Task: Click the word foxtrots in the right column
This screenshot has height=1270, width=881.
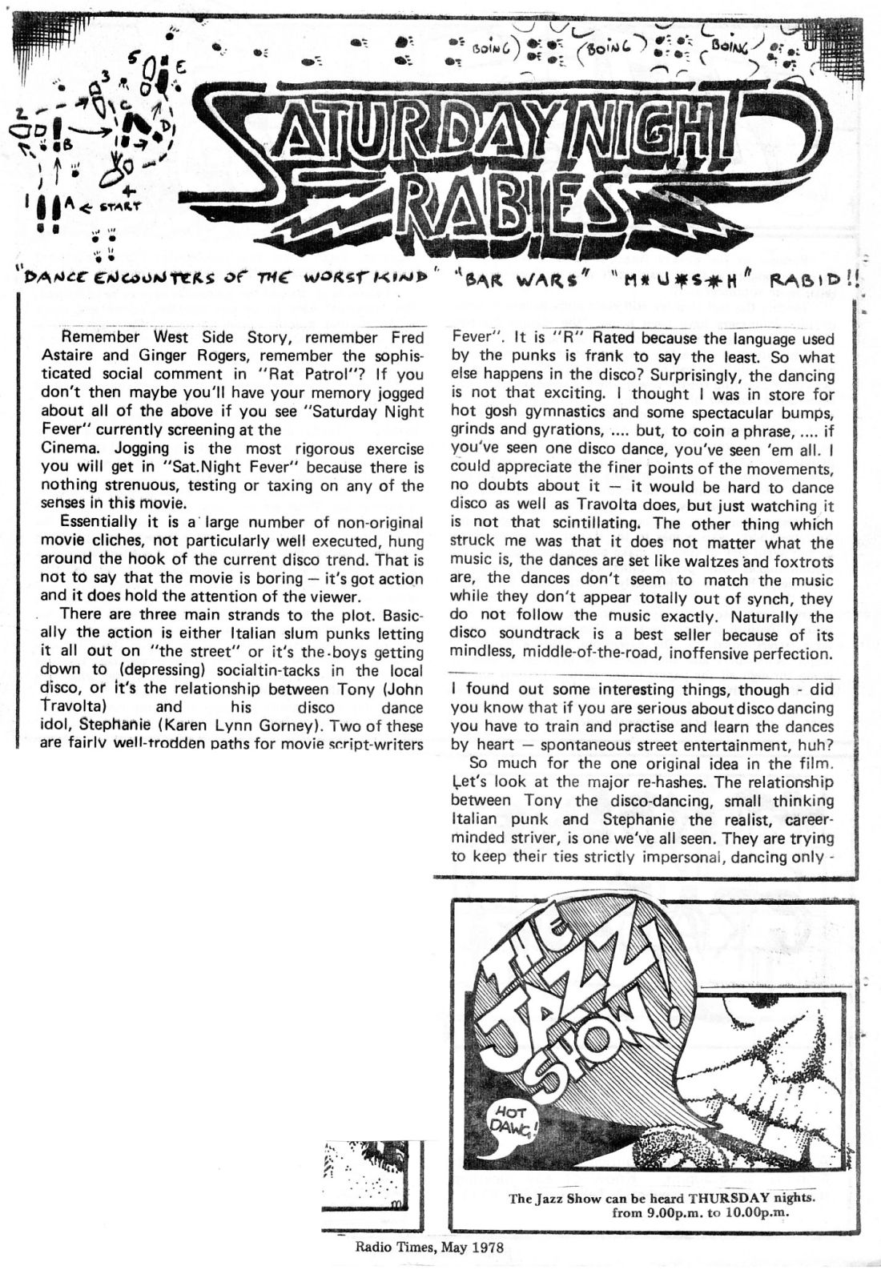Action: point(798,562)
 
